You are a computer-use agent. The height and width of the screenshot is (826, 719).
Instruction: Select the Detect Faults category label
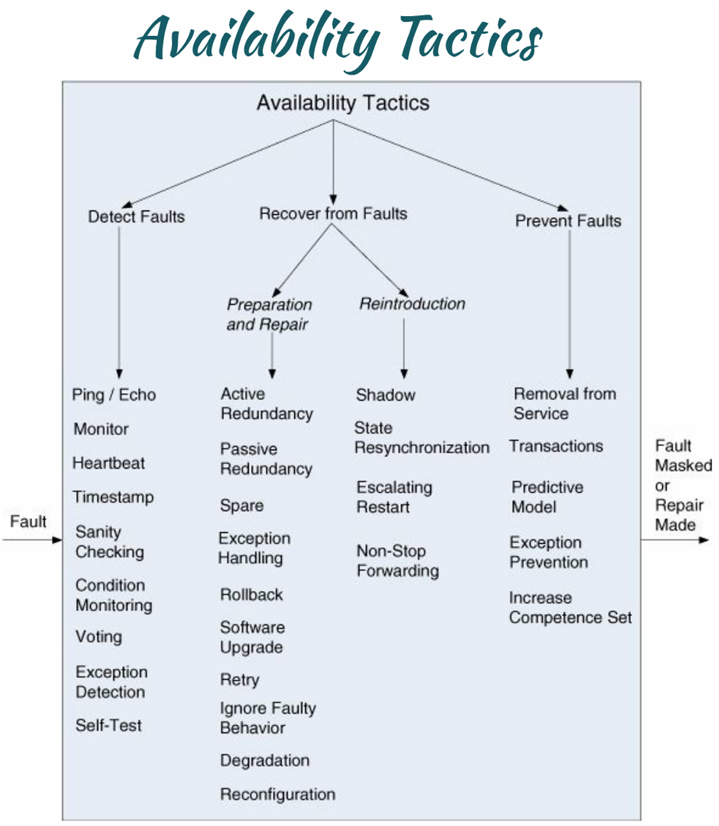(136, 217)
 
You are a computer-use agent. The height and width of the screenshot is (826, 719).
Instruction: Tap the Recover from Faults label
(333, 213)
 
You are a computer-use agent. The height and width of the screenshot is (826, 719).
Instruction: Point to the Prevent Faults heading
(568, 221)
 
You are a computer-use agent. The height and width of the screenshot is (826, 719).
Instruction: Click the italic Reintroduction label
(412, 304)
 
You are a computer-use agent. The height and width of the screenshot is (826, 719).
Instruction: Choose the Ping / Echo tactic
(114, 395)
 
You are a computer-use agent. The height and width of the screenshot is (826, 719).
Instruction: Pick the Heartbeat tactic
(109, 463)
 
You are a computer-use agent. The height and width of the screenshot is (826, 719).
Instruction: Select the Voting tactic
(99, 637)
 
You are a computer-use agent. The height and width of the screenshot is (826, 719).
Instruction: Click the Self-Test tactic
(109, 725)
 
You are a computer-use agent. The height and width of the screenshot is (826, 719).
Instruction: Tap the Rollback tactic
(251, 594)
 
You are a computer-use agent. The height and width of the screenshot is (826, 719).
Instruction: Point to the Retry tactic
(239, 680)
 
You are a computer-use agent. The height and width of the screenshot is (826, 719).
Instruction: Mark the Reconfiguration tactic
(278, 794)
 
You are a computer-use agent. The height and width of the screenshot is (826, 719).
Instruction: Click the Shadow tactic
(386, 395)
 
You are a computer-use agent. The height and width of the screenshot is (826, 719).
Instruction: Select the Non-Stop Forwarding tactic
(398, 561)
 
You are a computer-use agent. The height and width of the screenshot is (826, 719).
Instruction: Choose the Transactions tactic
(557, 446)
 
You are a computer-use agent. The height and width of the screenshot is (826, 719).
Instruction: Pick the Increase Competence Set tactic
(570, 608)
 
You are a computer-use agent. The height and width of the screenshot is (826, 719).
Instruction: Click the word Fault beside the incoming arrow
(29, 521)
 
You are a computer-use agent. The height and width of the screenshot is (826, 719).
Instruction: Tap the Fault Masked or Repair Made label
(683, 485)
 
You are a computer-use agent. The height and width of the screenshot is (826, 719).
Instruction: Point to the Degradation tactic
(265, 760)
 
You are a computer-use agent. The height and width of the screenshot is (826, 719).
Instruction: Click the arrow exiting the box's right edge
(675, 540)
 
